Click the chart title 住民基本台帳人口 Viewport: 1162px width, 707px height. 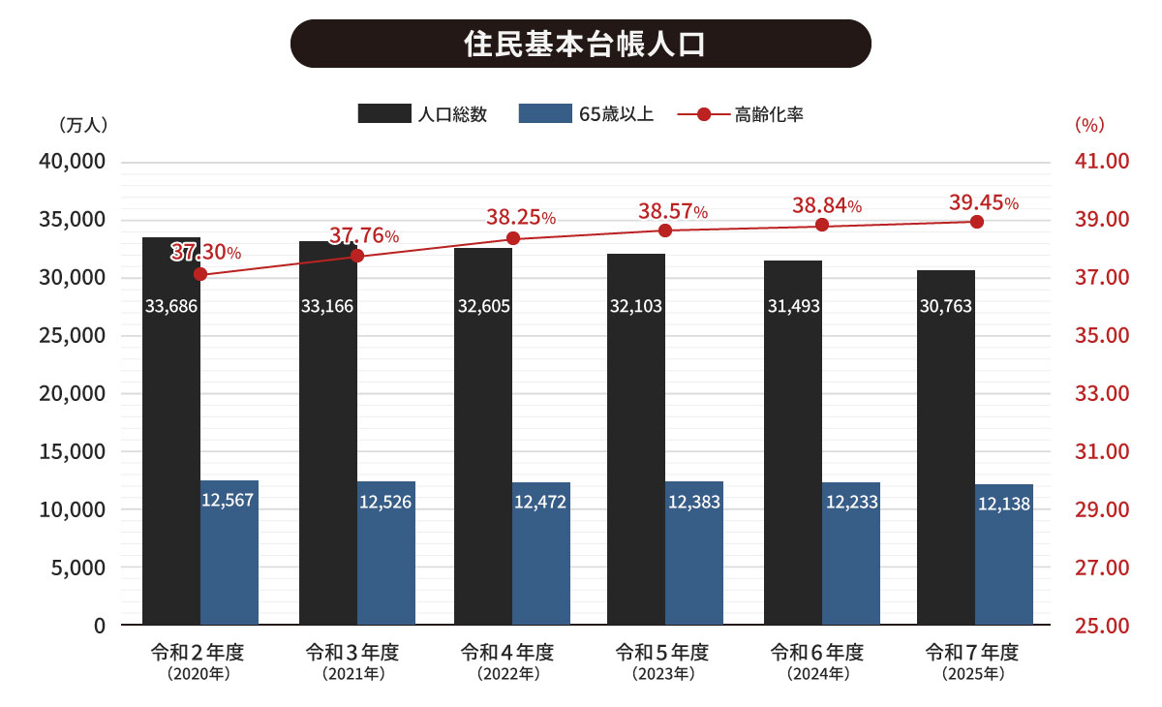click(581, 45)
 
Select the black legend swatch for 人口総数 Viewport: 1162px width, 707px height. click(385, 114)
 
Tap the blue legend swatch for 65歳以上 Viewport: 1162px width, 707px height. click(545, 114)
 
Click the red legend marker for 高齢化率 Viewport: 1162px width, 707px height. click(704, 114)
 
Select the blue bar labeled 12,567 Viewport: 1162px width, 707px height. click(229, 552)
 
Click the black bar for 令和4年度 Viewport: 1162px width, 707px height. click(483, 436)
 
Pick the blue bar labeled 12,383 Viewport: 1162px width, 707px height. click(694, 553)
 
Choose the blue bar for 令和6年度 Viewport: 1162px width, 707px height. click(851, 553)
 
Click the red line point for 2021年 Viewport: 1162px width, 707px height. click(356, 256)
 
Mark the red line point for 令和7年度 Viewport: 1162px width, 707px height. click(976, 222)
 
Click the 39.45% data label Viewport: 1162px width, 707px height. click(983, 202)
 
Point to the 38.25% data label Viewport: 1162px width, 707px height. click(520, 218)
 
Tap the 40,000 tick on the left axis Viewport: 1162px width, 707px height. click(71, 162)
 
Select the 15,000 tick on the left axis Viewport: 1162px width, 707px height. click(71, 451)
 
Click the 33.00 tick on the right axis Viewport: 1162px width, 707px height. click(1102, 394)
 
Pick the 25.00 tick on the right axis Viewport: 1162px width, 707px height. click(1102, 626)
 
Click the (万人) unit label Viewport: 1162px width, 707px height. click(82, 125)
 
